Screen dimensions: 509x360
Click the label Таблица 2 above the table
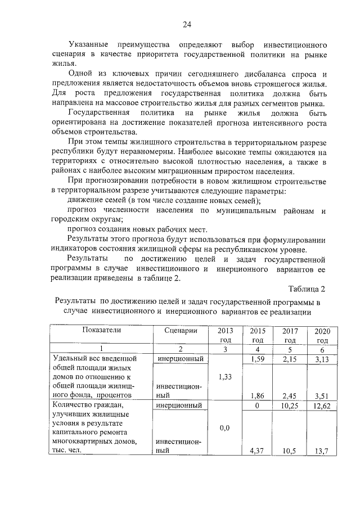click(x=307, y=290)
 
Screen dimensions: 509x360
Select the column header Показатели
click(x=100, y=331)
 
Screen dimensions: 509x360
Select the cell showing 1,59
click(x=257, y=358)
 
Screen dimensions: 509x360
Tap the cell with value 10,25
click(x=289, y=405)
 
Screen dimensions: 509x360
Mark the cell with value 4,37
click(x=257, y=451)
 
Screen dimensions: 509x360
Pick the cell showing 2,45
click(x=289, y=395)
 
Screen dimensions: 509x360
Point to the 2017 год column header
click(x=289, y=335)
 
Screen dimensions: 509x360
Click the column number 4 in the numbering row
click(x=257, y=349)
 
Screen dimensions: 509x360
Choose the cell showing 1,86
click(x=257, y=395)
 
